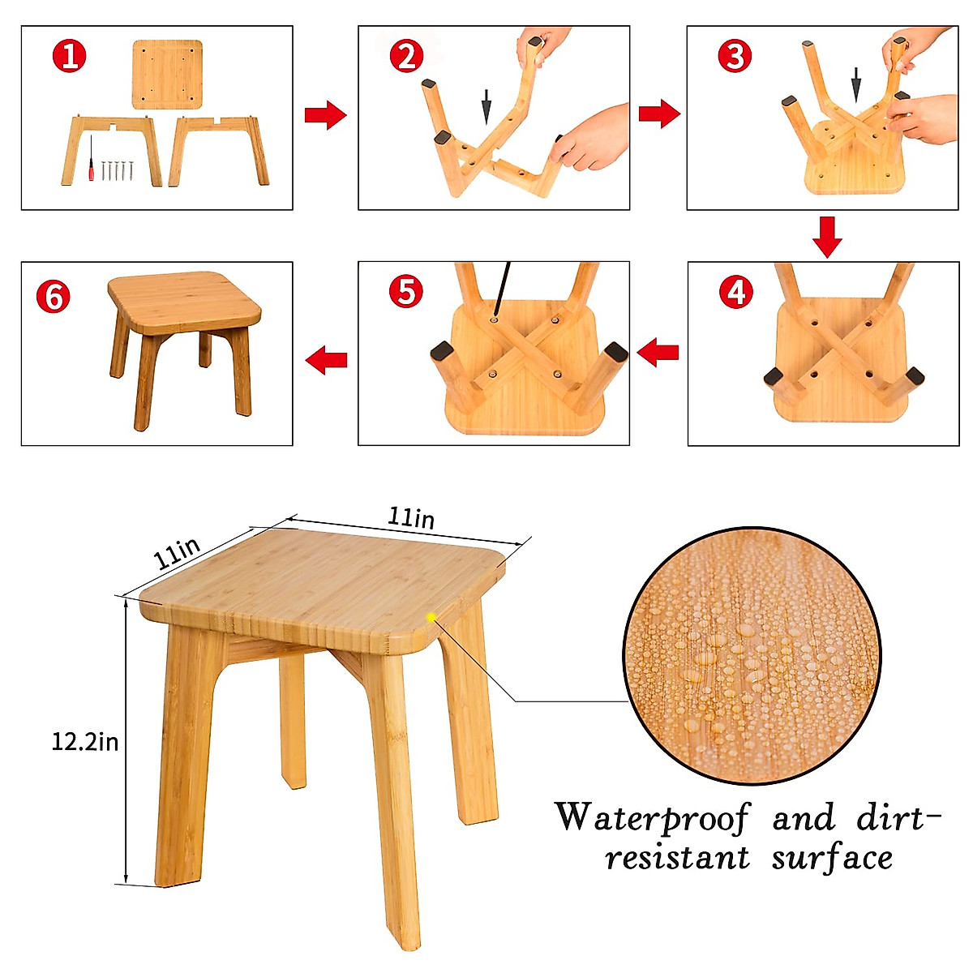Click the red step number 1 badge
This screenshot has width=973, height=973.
(70, 56)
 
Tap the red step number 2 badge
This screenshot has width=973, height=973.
(406, 56)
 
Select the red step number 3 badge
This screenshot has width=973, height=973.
(735, 56)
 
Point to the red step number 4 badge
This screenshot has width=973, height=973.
(735, 292)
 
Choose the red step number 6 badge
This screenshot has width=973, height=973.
(54, 297)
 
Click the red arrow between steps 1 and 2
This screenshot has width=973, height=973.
(325, 116)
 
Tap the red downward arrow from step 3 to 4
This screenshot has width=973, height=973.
(827, 236)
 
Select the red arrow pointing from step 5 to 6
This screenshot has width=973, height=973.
(326, 358)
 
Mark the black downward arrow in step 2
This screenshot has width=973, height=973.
(486, 106)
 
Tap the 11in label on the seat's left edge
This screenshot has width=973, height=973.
(178, 553)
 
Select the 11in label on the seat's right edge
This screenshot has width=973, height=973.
(411, 517)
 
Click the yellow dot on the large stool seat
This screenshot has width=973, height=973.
(431, 617)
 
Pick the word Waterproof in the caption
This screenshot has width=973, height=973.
(652, 817)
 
